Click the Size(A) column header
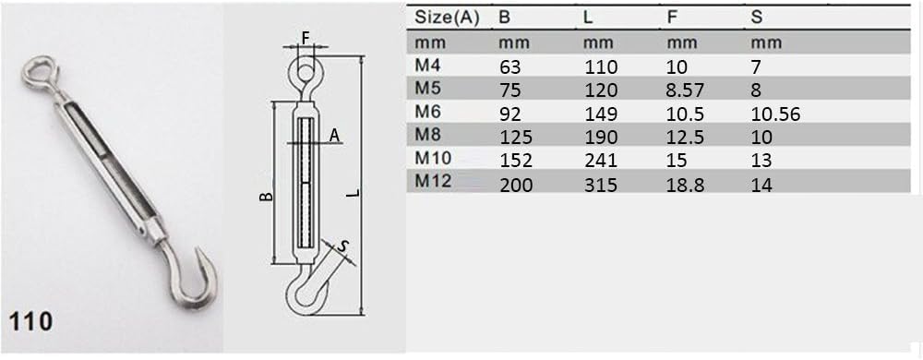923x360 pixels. pos(448,18)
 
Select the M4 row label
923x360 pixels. pos(428,66)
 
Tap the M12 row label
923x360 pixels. pos(433,181)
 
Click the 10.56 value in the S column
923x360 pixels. pos(776,114)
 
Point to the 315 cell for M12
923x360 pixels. pos(601,186)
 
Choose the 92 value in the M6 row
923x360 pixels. pos(510,114)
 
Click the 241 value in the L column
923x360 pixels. pos(600,162)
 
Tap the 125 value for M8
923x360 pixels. pos(516,138)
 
